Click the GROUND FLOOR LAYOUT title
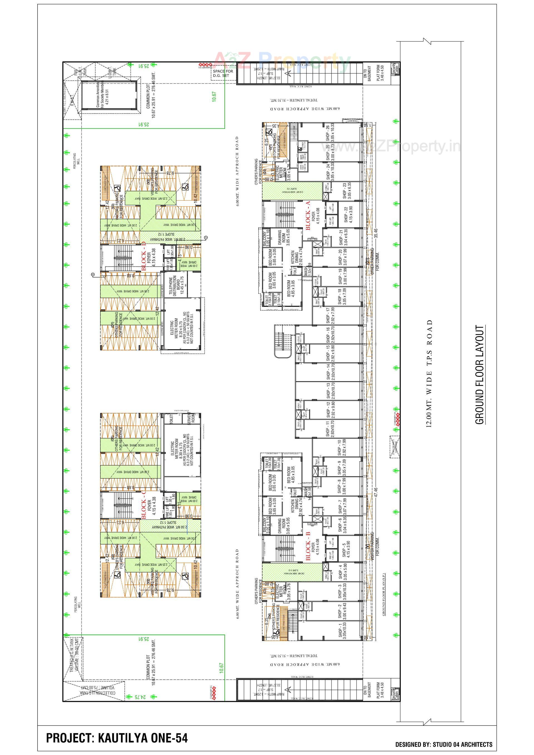480,375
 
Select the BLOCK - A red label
308,216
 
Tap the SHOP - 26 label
328,133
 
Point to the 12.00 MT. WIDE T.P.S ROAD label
429,373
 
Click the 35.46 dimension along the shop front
375,233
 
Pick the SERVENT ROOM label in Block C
191,418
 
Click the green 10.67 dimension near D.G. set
214,96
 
